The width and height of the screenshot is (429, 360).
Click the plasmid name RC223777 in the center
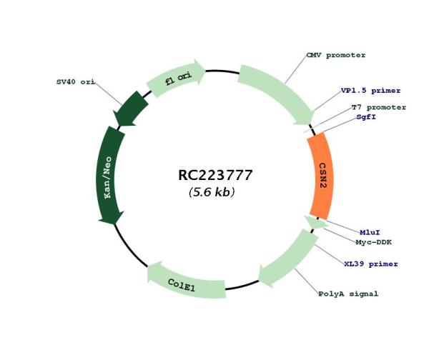click(215, 175)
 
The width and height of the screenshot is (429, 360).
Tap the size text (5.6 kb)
click(212, 192)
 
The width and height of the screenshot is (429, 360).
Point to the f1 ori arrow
click(177, 77)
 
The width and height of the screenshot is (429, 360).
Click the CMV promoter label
click(336, 55)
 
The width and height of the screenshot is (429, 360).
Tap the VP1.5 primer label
click(370, 91)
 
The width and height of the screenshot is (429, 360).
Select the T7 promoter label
click(379, 107)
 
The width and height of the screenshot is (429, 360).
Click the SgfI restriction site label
click(366, 117)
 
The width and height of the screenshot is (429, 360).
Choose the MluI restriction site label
click(370, 232)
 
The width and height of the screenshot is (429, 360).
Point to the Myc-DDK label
click(374, 242)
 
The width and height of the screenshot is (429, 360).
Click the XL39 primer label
click(371, 264)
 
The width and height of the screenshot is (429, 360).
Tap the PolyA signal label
click(348, 294)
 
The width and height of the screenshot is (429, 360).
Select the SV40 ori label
click(76, 81)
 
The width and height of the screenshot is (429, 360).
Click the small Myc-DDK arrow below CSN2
click(315, 222)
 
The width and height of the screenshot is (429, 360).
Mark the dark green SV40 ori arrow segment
click(130, 109)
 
